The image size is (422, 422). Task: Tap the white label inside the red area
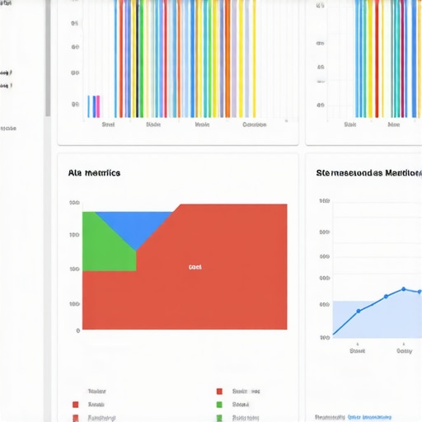click(x=195, y=267)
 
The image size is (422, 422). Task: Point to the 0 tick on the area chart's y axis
click(x=77, y=331)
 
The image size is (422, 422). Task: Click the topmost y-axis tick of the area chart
click(x=75, y=203)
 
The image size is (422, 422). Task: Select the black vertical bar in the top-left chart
click(x=137, y=58)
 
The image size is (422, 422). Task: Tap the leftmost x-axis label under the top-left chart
click(x=108, y=125)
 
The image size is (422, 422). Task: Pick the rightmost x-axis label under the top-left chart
click(x=254, y=125)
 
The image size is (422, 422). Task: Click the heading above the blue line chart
click(x=368, y=173)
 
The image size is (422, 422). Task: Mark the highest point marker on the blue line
click(x=403, y=289)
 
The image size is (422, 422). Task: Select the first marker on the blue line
click(x=359, y=312)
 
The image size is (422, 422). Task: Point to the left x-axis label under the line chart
click(x=357, y=350)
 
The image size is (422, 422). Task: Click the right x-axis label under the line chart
click(x=404, y=350)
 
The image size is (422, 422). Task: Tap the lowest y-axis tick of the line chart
click(x=324, y=337)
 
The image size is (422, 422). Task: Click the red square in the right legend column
click(x=219, y=392)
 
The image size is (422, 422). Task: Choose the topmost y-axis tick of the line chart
click(x=324, y=200)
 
